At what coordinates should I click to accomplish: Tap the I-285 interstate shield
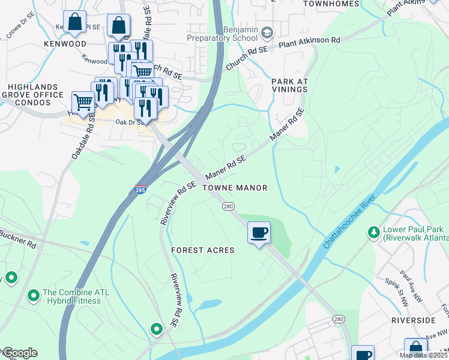140,190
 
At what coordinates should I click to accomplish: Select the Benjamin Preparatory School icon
267,31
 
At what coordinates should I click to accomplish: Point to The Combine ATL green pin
34,295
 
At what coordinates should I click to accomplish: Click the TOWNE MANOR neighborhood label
235,188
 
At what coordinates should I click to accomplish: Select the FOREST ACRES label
202,250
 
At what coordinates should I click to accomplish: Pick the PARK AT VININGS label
289,85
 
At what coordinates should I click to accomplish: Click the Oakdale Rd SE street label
82,137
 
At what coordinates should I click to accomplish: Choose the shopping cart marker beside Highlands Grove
82,102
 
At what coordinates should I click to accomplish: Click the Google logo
20,353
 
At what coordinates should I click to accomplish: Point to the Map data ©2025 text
423,355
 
